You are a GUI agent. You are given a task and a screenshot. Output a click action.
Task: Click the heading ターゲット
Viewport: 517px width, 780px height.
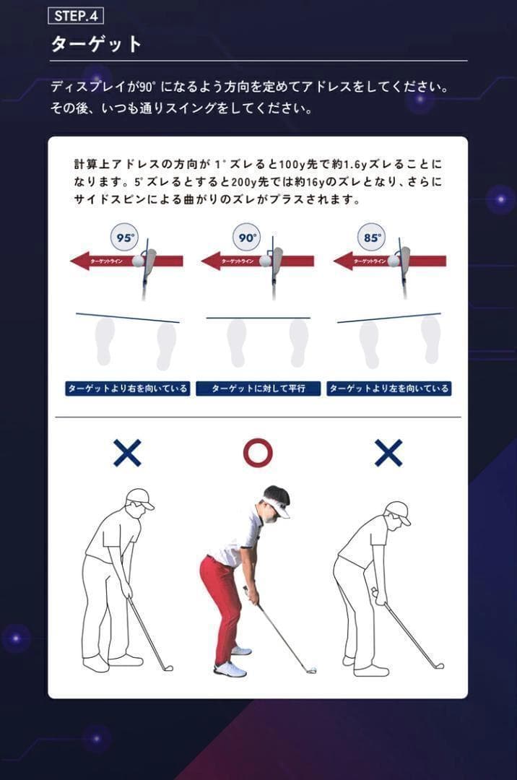(96, 44)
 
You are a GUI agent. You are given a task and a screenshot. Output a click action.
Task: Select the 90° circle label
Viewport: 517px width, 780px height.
(248, 237)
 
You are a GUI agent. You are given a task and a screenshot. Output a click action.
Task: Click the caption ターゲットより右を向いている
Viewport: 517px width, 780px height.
(127, 389)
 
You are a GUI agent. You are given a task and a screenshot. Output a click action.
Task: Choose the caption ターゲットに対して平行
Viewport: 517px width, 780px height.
(258, 389)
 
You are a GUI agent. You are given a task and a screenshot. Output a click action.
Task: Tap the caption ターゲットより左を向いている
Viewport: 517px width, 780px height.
(388, 389)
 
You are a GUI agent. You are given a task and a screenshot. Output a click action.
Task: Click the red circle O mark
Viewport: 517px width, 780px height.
(258, 453)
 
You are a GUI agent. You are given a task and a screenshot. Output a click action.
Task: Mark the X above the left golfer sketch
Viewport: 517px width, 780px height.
(127, 453)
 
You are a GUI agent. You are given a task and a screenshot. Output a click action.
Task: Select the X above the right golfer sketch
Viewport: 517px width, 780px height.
(388, 453)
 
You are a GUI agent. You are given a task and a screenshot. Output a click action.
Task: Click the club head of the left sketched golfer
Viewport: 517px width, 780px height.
(168, 667)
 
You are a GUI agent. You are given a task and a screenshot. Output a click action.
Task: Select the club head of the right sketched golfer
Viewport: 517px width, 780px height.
(438, 665)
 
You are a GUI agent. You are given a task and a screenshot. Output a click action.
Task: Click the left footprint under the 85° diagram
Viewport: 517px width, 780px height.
(369, 344)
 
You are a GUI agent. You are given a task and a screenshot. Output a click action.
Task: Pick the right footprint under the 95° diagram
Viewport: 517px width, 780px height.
(166, 345)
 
